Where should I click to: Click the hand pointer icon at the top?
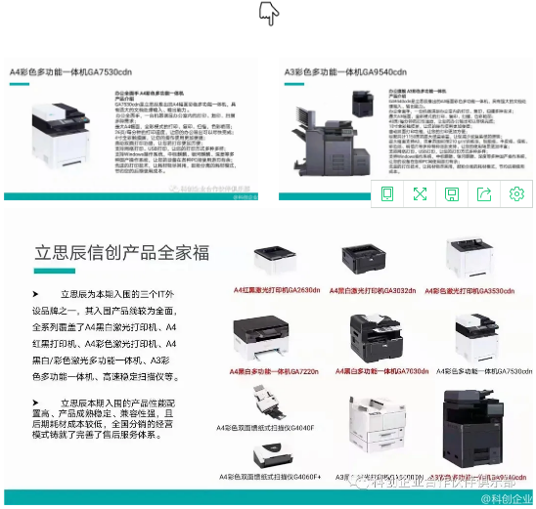point(269,13)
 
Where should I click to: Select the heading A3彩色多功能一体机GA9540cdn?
point(344,72)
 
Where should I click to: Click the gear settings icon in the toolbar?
point(516,193)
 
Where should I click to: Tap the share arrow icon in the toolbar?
point(484,193)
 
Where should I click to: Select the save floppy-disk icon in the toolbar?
point(452,193)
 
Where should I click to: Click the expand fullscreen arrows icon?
point(420,193)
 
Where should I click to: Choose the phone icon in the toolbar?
point(387,193)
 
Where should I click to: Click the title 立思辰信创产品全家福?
point(122,253)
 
